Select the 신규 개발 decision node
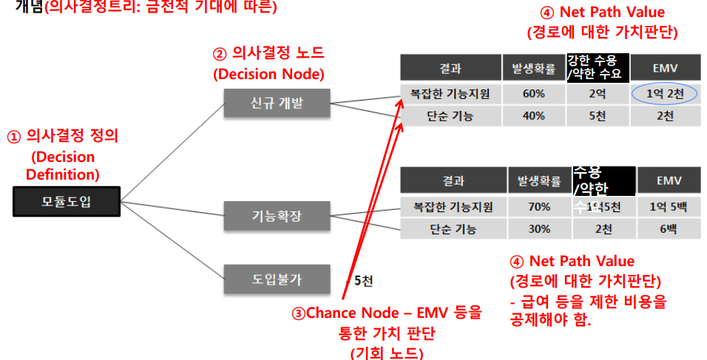tap(276, 103)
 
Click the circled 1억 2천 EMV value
tap(665, 95)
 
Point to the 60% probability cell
tap(533, 95)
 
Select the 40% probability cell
tap(533, 116)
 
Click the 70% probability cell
tap(539, 207)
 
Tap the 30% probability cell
tap(539, 228)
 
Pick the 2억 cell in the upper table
tap(597, 95)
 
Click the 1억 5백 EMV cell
tap(668, 207)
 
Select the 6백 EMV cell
tap(668, 228)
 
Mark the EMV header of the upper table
tap(665, 69)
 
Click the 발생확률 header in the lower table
tap(539, 180)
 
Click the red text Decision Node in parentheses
tap(268, 74)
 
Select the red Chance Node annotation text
tap(387, 313)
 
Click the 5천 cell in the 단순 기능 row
tap(597, 116)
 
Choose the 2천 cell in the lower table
tap(603, 228)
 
